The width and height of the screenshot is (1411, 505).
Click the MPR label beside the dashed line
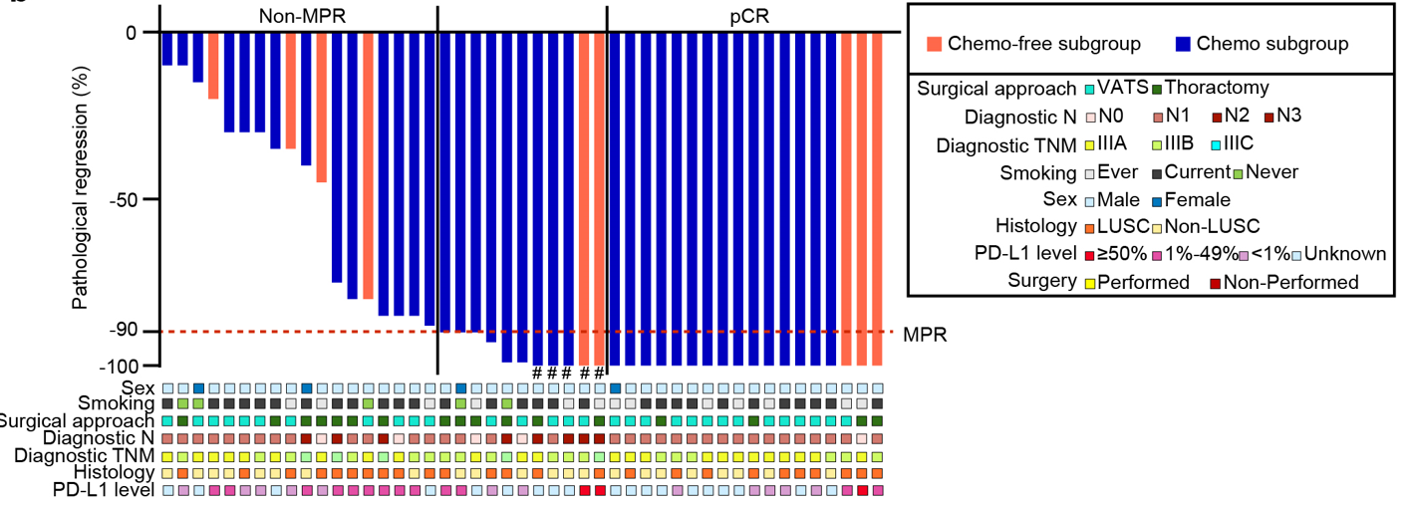925,334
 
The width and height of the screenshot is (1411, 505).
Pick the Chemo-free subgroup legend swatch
934,44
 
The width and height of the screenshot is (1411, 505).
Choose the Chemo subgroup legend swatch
1183,44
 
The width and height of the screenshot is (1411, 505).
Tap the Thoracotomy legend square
1156,90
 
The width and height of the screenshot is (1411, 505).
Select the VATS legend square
1090,90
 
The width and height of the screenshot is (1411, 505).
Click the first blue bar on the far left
167,49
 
